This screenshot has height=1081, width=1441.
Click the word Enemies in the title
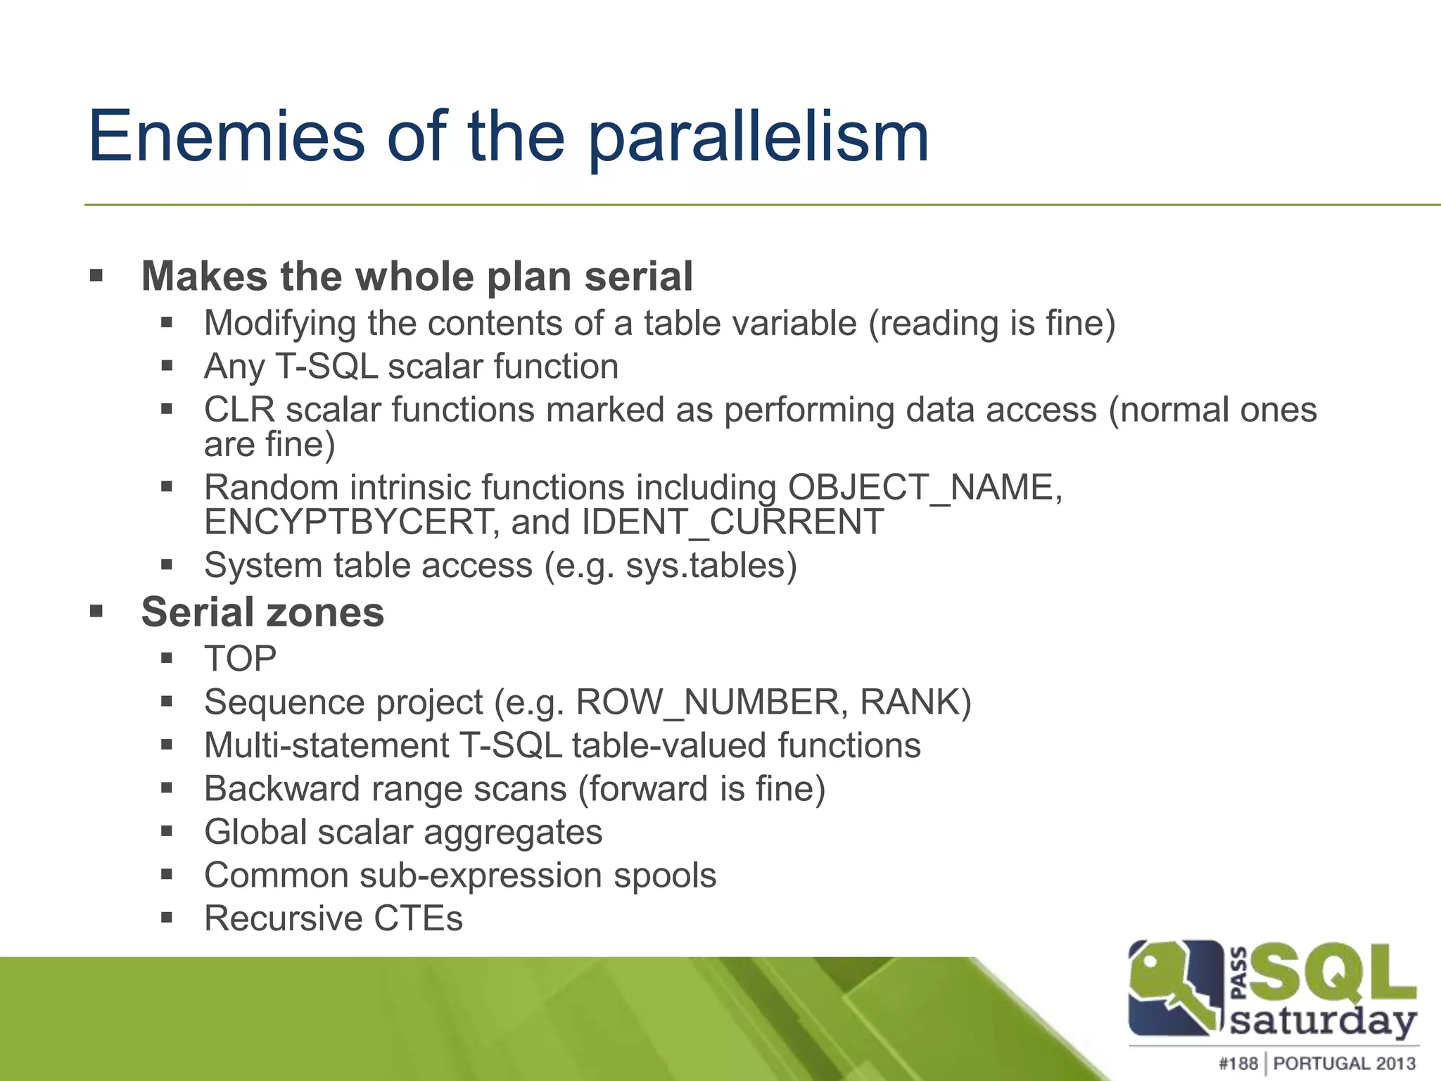click(227, 137)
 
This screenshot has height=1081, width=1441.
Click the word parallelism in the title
click(758, 139)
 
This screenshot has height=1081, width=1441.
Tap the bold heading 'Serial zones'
click(262, 612)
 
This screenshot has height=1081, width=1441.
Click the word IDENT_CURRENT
click(732, 523)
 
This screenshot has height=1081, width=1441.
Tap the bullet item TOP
click(240, 659)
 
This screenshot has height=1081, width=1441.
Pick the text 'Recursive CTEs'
click(334, 918)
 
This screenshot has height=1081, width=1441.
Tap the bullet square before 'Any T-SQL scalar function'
click(167, 366)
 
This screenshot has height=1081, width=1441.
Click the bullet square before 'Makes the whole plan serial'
click(96, 275)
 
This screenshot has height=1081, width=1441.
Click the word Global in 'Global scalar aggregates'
click(254, 832)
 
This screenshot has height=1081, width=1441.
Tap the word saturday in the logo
click(1322, 1022)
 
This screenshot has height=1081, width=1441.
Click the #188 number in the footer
click(1238, 1063)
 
